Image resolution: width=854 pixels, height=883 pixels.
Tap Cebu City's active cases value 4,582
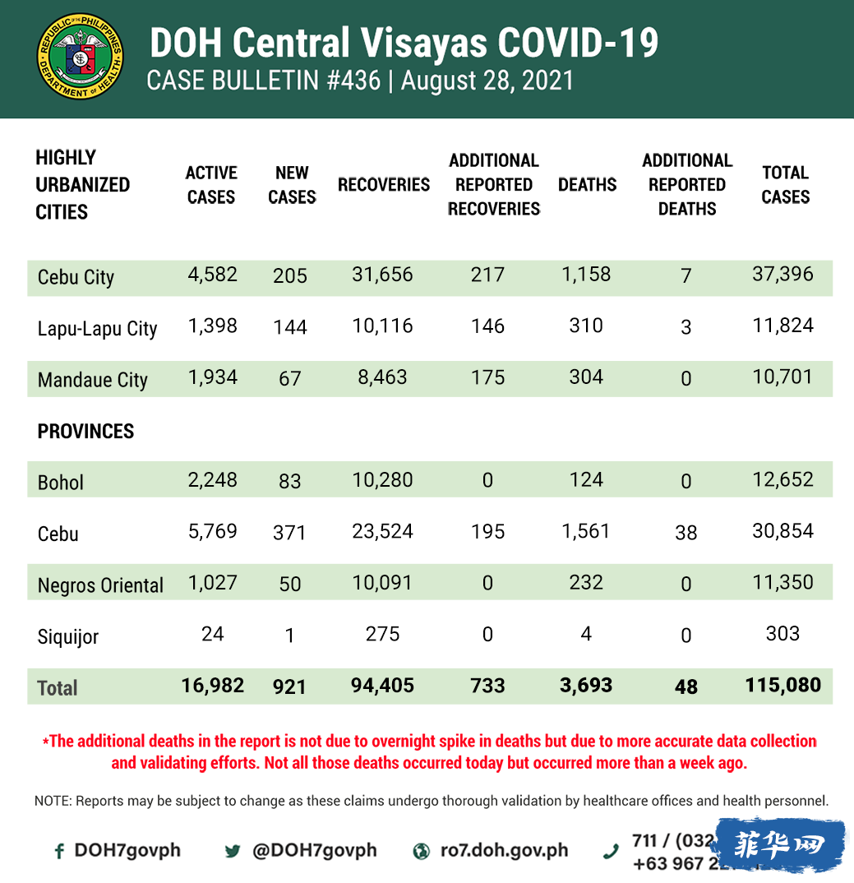coord(212,275)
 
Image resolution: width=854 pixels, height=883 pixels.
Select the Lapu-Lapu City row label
coord(97,329)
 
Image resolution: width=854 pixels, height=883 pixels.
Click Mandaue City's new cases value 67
coord(290,379)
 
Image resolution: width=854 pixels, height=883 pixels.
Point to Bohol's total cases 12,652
coord(782,480)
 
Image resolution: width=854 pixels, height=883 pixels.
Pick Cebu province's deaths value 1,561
coord(585,531)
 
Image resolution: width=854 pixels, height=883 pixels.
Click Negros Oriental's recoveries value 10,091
coord(383,583)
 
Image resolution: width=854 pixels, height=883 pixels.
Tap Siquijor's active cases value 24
coord(212,634)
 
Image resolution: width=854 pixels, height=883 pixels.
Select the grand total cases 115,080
coord(782,685)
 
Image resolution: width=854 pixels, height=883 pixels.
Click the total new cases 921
coord(290,687)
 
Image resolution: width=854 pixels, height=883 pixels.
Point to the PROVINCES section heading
coord(85,431)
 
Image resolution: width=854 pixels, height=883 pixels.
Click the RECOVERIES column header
coord(383,185)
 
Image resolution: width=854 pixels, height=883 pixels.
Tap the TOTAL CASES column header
coord(785,185)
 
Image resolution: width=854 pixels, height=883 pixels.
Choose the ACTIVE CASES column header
coord(211,185)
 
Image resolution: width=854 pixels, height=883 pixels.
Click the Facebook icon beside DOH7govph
coord(59,852)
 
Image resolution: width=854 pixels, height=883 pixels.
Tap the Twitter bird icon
coord(233,852)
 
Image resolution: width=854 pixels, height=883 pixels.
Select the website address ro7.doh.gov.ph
coord(504,850)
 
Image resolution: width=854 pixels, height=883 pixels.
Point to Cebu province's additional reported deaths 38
coord(686,533)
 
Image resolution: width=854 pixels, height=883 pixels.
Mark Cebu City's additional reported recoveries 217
coord(487,275)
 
